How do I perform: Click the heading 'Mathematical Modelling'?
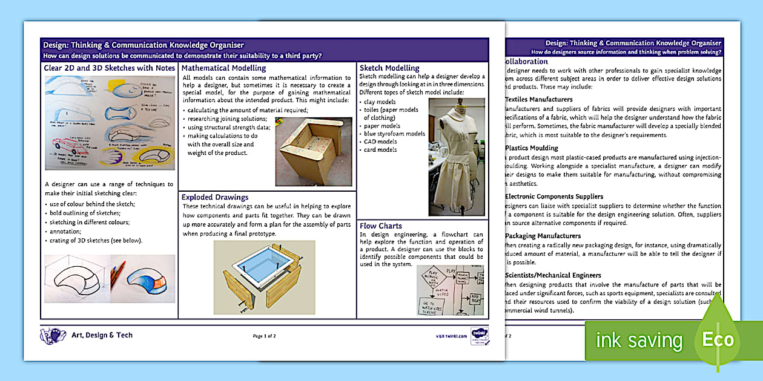point(223,68)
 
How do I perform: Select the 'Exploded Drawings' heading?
point(214,197)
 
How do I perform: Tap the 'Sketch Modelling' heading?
point(389,68)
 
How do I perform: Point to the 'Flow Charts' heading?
point(381,226)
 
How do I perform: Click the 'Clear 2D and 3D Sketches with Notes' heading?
point(110,68)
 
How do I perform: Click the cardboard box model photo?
point(313,152)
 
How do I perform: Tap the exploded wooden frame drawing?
point(264,276)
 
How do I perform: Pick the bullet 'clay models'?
point(380,102)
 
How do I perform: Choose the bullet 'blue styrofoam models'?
point(394,134)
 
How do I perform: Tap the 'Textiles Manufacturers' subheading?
point(538,99)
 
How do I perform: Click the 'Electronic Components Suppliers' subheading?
point(553,197)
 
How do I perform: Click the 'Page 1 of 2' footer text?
point(264,336)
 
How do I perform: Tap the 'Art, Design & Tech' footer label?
point(102,335)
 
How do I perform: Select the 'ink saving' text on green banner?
point(639,340)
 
